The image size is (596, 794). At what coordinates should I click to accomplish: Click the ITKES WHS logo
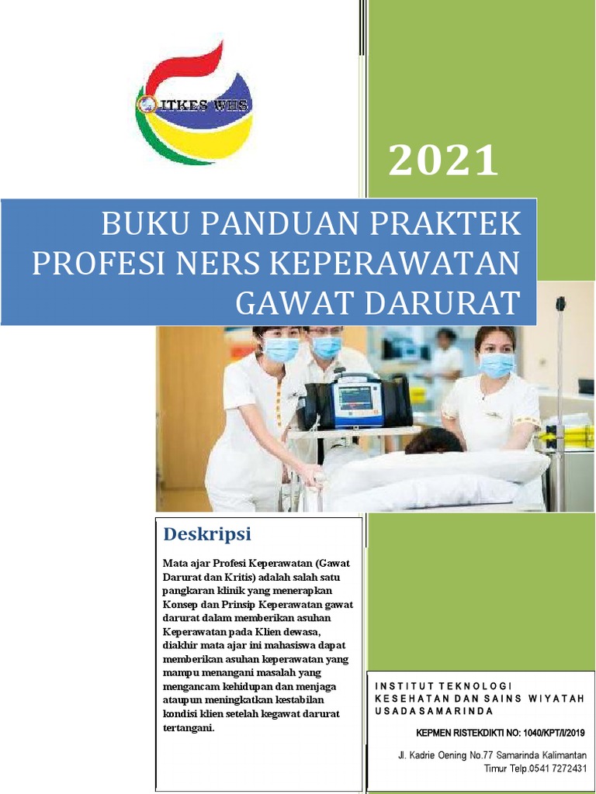194,105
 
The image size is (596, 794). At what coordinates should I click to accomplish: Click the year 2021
443,161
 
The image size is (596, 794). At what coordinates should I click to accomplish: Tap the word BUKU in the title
139,225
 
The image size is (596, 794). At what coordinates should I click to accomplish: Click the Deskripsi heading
206,534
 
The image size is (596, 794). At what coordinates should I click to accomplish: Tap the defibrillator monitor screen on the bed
355,399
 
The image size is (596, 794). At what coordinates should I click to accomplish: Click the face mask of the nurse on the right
497,364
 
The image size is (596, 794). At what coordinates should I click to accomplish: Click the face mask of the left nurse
282,350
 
